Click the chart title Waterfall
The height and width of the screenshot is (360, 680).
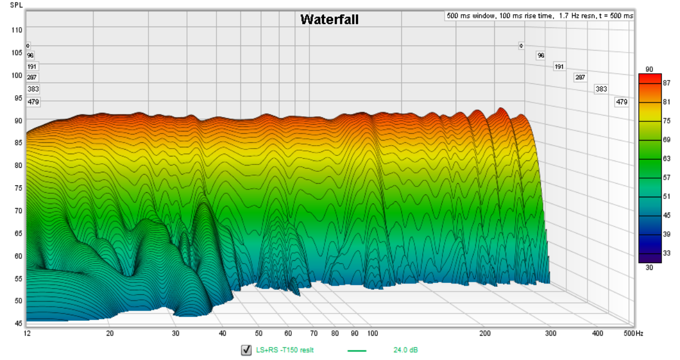[x=329, y=19]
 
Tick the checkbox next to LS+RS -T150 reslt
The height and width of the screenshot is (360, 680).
[x=246, y=350]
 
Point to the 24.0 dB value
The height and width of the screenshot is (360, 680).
[x=406, y=350]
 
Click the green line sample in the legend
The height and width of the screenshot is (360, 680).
[x=357, y=350]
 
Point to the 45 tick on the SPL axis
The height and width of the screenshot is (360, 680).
[x=18, y=323]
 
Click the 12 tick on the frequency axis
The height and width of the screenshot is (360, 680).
[x=27, y=333]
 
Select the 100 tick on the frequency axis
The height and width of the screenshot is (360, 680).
[x=372, y=333]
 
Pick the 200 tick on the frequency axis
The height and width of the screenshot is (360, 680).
[x=484, y=333]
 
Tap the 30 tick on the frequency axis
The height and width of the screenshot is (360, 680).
[x=176, y=333]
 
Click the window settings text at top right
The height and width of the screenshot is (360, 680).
[x=539, y=16]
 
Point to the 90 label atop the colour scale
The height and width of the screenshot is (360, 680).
[x=649, y=69]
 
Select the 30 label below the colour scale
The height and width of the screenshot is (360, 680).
[x=649, y=268]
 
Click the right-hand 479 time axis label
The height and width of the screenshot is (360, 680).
[x=622, y=102]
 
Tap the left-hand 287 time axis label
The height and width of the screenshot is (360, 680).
[x=33, y=78]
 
